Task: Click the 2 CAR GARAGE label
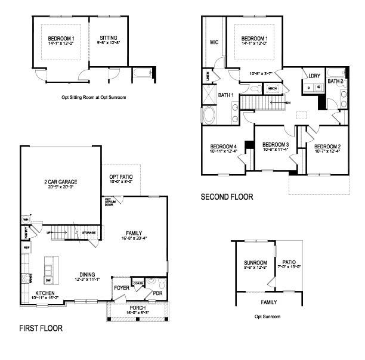click(x=60, y=182)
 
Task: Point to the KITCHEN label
click(x=45, y=293)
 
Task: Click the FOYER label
click(x=121, y=287)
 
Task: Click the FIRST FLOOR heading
click(x=41, y=328)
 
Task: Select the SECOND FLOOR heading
click(x=227, y=197)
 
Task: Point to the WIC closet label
click(x=213, y=42)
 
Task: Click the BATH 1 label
click(x=225, y=95)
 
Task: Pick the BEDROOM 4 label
click(x=224, y=147)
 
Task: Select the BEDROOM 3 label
click(x=276, y=145)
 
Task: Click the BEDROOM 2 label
click(x=327, y=147)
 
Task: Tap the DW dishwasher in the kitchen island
click(x=48, y=280)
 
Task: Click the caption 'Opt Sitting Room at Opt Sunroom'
click(x=81, y=97)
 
